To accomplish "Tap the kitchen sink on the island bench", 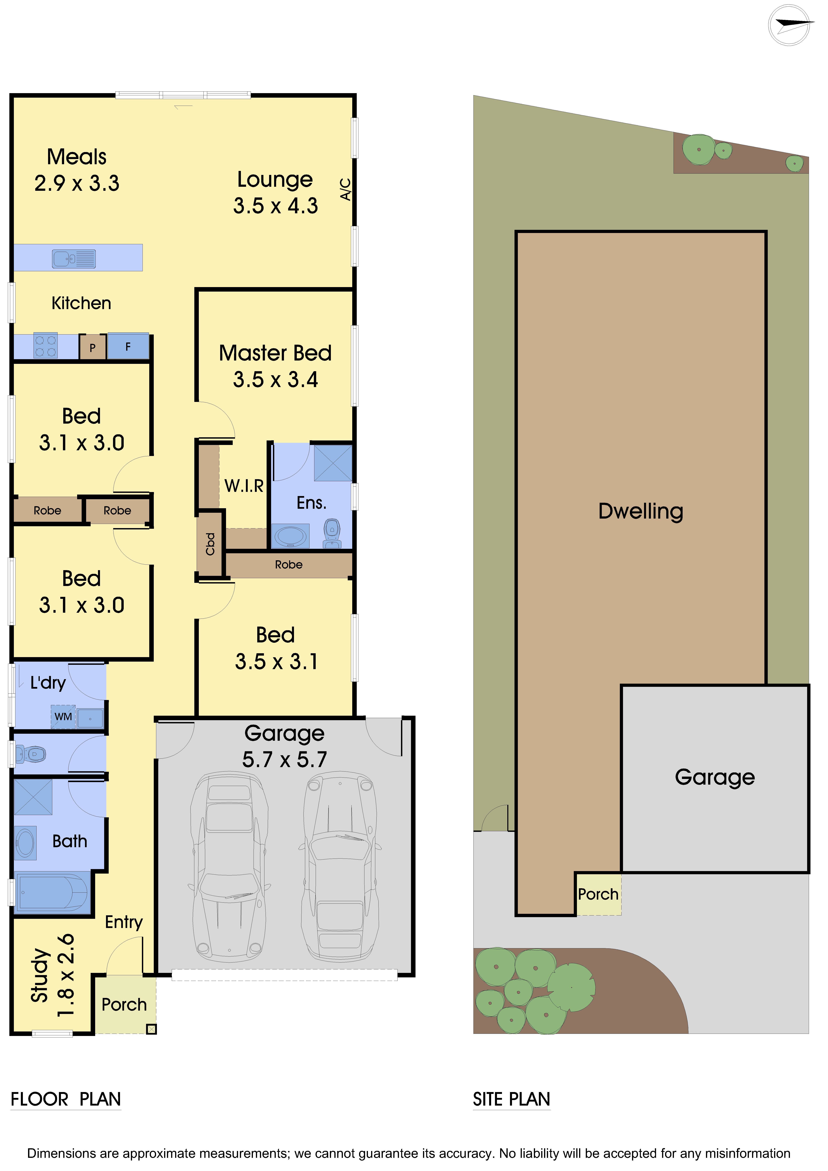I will (x=74, y=259).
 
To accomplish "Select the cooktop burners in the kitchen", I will (x=45, y=346).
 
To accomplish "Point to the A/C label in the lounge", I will (x=345, y=189).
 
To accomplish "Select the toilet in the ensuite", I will (x=332, y=533).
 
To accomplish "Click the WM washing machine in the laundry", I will (x=63, y=717).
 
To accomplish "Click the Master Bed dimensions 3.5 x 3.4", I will (x=275, y=379).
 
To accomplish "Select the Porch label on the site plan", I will (x=598, y=894).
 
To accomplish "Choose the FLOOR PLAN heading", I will (x=66, y=1099).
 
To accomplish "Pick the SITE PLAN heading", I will (x=511, y=1099).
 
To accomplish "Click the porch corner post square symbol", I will (x=151, y=1029).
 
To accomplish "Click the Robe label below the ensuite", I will (x=289, y=565).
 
